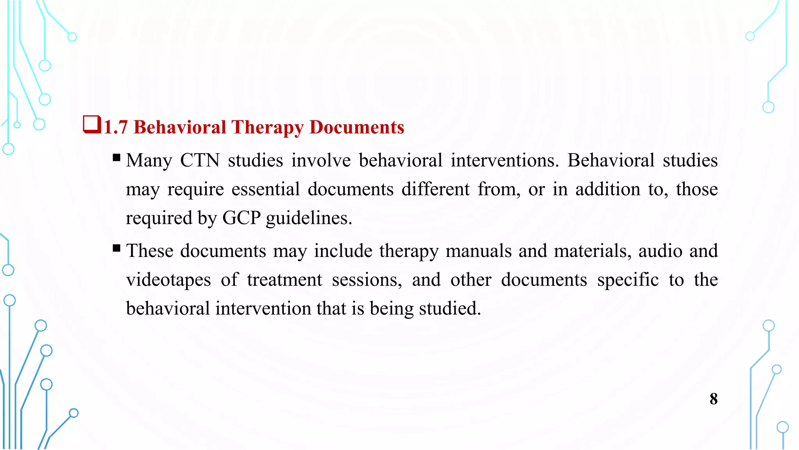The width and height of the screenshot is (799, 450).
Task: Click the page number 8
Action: pos(713,399)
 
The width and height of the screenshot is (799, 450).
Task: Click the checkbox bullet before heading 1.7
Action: pos(92,125)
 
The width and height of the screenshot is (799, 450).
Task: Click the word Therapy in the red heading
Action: pos(267,127)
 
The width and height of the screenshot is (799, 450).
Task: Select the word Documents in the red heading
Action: pos(357,127)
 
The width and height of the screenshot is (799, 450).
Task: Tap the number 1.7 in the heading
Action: pos(116,127)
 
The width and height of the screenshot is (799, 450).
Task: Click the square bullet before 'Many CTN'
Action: pos(116,158)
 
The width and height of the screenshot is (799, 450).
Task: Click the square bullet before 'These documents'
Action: pos(116,248)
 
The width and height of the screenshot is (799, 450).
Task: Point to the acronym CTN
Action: pos(200,161)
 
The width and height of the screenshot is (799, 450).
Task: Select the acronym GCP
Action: pos(241,218)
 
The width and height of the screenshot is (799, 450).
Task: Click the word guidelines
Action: pos(309,218)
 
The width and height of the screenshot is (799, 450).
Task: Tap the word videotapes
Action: pos(168,280)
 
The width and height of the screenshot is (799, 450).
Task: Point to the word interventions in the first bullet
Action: pos(505,161)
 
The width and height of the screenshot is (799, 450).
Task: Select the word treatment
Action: pos(284,280)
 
